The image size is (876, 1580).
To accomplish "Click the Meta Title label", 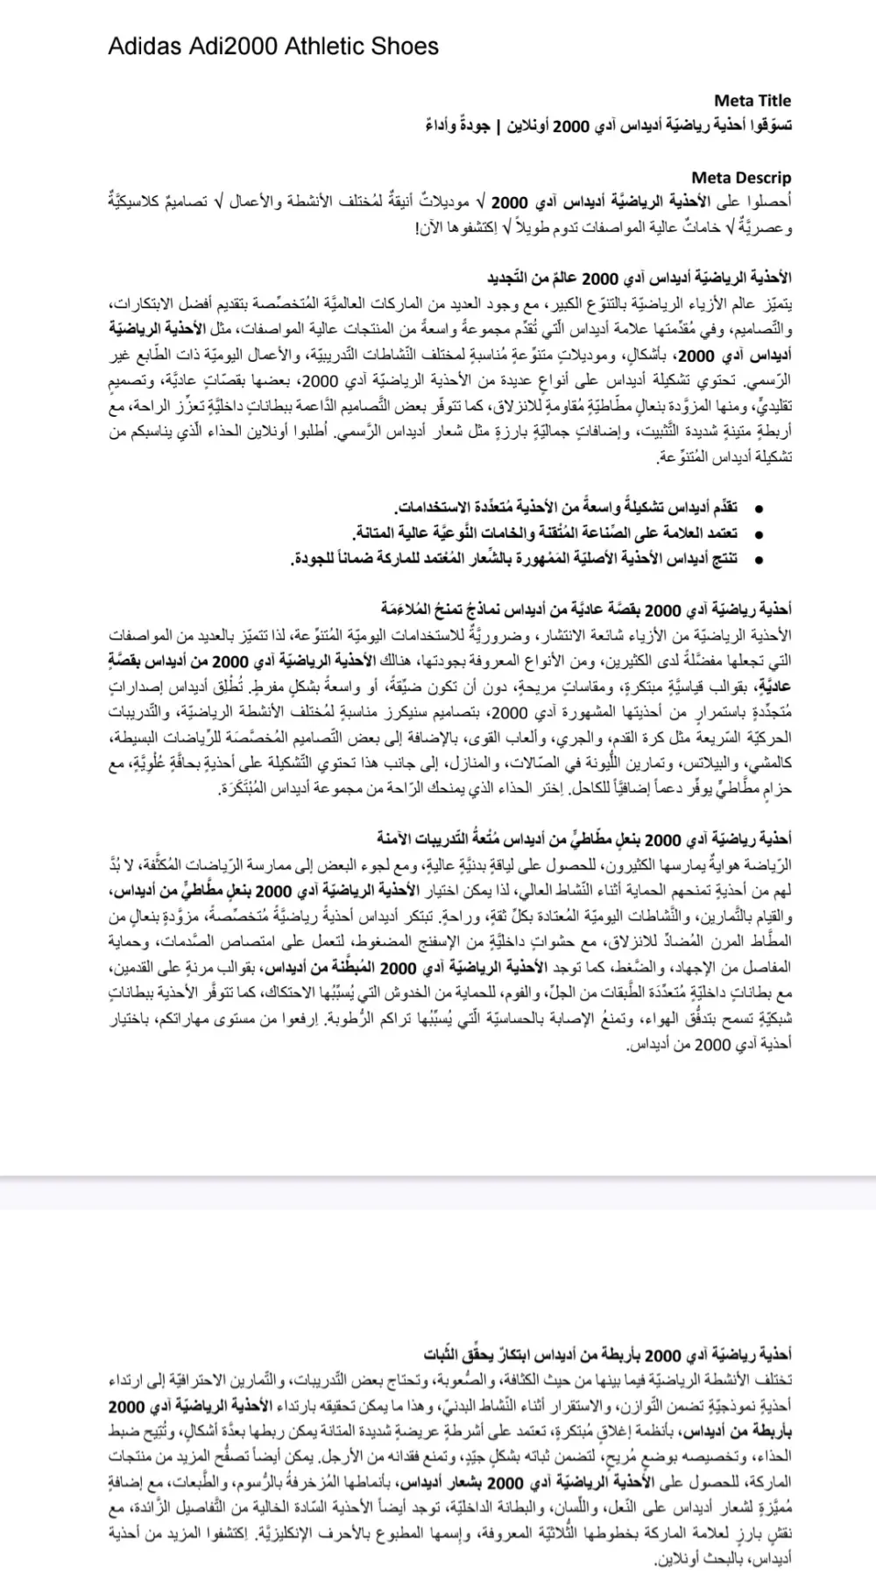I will point(752,101).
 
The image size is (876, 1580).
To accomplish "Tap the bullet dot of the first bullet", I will point(759,509).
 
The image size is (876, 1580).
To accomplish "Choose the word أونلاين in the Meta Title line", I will point(534,126).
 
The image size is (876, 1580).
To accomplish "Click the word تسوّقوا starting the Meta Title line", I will point(769,126).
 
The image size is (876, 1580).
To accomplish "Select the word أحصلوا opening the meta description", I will point(771,204).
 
